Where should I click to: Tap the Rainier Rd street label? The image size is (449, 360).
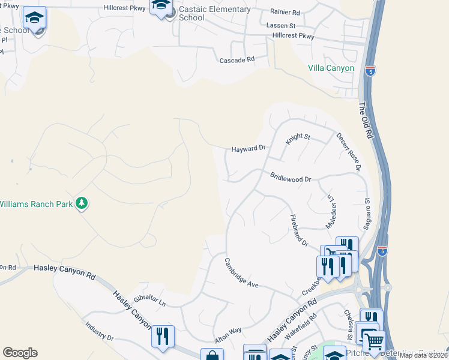[285, 12]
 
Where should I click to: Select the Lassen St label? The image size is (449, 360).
[281, 26]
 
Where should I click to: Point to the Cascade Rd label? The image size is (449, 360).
[237, 60]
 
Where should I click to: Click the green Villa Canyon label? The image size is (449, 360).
[331, 68]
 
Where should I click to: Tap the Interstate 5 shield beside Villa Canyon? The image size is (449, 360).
[370, 70]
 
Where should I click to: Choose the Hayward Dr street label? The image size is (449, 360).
[249, 148]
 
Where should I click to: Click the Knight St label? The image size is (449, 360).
[298, 137]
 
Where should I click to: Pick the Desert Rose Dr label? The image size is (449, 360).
[348, 151]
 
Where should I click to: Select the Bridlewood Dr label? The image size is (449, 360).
[291, 178]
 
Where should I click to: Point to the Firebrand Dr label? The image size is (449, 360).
[299, 230]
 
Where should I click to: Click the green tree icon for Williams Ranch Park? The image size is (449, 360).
[82, 204]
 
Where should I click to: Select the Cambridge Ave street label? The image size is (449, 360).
[241, 272]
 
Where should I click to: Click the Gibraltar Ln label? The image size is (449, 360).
[149, 301]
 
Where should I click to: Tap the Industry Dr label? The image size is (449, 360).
[99, 331]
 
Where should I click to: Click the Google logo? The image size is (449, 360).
[20, 353]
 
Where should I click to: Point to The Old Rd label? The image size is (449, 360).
[366, 121]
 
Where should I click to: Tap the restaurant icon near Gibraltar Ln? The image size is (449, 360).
[163, 336]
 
